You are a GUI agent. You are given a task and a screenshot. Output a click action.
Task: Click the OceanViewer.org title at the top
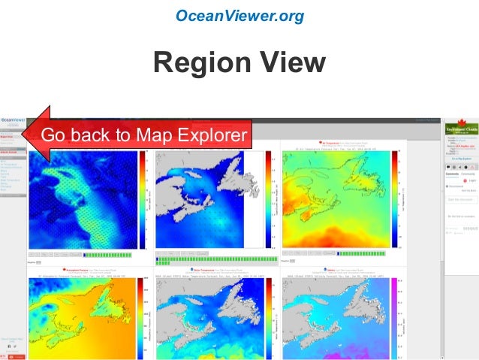pos(239,15)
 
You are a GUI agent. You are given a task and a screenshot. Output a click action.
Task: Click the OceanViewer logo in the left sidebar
pos(13,120)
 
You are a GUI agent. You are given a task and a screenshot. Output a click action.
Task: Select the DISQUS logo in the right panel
pos(471,226)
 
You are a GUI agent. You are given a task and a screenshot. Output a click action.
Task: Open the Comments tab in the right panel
pos(451,174)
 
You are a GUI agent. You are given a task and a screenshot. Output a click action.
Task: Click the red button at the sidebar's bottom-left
pos(18,355)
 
